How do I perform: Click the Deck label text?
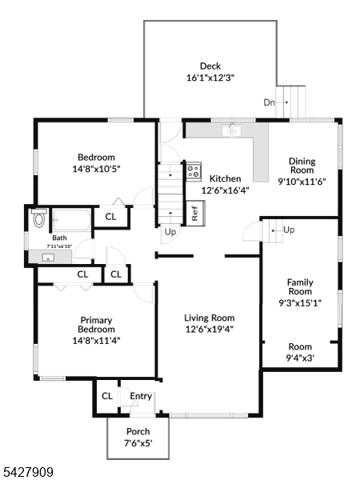[210, 66]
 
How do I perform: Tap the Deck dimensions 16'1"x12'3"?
[210, 78]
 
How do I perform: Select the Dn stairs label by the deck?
[270, 102]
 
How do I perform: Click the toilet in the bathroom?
[38, 218]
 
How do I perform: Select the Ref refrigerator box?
[194, 213]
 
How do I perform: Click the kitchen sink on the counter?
[234, 129]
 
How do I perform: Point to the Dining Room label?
[302, 166]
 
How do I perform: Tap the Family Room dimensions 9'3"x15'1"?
[300, 303]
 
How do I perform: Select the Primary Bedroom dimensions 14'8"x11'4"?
[95, 339]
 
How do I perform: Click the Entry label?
[141, 396]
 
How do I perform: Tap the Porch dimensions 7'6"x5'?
[138, 442]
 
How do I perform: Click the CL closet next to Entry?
[106, 396]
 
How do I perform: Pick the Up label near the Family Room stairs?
[288, 230]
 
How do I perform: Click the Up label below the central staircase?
[170, 233]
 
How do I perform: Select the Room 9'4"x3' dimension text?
[300, 358]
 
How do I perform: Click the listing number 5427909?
[28, 473]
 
